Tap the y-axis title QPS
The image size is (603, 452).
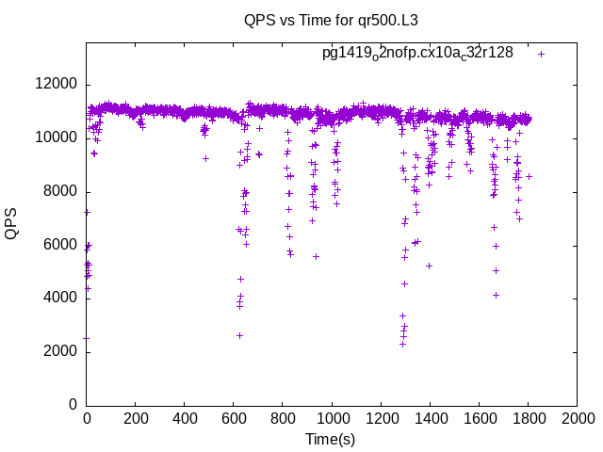click(12, 224)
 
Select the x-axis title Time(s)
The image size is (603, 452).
click(330, 439)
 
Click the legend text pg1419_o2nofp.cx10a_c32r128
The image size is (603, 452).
click(417, 54)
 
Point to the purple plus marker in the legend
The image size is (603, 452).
click(541, 54)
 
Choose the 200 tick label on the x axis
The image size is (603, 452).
click(136, 420)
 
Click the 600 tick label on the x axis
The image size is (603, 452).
click(234, 420)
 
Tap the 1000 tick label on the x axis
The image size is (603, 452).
click(332, 420)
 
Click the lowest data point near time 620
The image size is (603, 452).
click(239, 335)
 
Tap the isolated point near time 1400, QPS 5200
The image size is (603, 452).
click(429, 266)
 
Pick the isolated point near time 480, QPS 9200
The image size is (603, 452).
click(205, 158)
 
